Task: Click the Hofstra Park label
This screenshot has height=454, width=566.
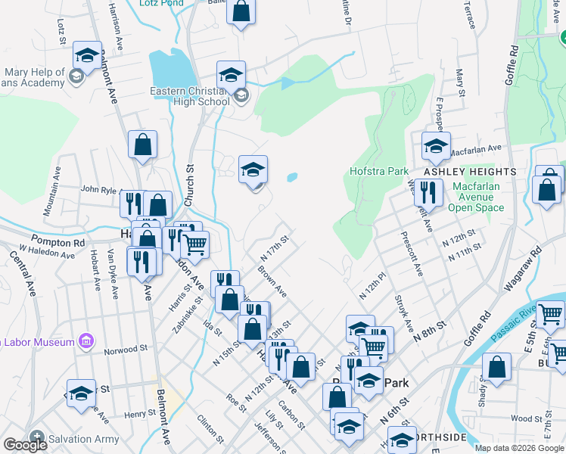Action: click(379, 171)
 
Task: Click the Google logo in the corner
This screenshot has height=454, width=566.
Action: click(25, 445)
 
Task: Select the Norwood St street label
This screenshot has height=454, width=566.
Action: click(126, 350)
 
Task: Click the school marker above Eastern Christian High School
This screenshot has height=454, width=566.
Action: click(232, 74)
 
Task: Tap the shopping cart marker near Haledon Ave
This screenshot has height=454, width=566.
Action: click(195, 244)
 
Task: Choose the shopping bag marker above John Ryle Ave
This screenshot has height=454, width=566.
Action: click(142, 145)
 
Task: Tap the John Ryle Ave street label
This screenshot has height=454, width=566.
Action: click(100, 189)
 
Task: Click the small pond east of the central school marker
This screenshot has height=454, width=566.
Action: click(291, 179)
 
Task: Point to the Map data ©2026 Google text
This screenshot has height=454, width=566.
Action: click(518, 448)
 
